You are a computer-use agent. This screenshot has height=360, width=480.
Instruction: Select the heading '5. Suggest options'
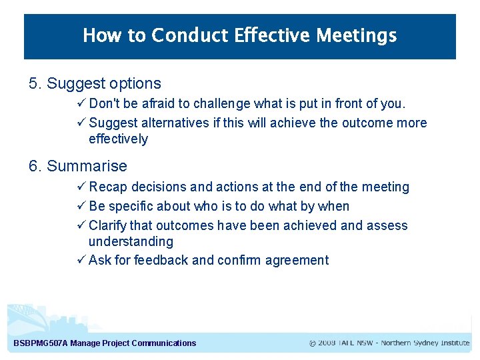[95, 83]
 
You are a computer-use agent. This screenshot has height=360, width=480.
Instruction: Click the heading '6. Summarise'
[77, 166]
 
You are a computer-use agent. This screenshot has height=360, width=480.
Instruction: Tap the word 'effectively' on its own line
[118, 139]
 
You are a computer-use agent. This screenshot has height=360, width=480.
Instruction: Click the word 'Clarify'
[108, 225]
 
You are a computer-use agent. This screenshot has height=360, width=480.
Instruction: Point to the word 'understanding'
[131, 241]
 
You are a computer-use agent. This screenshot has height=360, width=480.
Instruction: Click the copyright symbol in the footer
[313, 343]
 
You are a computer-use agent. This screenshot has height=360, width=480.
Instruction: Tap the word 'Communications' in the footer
[164, 343]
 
